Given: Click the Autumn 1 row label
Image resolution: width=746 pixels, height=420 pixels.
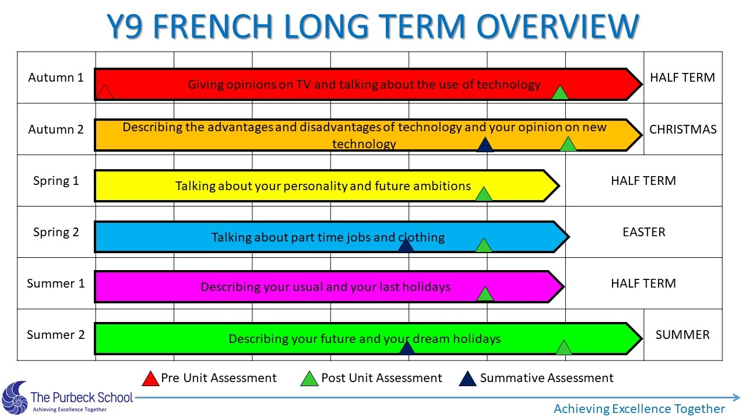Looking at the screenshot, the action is [x=55, y=78].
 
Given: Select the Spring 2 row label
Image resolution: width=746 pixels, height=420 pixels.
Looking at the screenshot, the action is [x=56, y=232].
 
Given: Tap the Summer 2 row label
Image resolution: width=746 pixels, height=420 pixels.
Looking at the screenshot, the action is [x=55, y=335].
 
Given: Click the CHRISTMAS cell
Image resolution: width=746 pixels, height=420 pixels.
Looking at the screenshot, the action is [x=682, y=129].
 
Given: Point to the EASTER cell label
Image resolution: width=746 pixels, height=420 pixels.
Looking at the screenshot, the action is [x=644, y=232].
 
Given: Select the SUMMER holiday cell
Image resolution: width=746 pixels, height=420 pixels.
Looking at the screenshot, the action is [x=682, y=335].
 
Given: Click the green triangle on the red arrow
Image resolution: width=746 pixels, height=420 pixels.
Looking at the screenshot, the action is [x=560, y=93].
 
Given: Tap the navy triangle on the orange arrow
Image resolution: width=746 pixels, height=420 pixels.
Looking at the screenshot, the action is [x=485, y=145].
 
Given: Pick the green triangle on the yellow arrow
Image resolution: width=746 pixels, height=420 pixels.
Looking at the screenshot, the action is [x=484, y=194].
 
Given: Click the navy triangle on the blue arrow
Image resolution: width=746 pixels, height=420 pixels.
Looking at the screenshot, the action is [x=406, y=245].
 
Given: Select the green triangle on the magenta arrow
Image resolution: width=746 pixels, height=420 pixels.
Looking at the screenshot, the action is [x=485, y=294].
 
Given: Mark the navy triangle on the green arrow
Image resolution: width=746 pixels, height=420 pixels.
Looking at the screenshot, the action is [x=407, y=347].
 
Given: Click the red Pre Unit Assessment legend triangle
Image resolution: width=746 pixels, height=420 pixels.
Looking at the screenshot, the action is [x=150, y=379].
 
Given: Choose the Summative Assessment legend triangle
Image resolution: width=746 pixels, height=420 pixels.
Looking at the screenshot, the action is [x=467, y=379].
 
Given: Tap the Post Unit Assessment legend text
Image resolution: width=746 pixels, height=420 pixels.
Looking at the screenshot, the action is [x=381, y=378].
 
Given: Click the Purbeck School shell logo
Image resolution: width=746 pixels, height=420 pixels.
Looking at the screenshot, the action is [x=15, y=398].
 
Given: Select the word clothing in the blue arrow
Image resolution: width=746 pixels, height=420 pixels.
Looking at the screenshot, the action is [x=421, y=237].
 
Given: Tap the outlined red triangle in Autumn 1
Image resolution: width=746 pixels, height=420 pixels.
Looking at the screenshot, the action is [x=104, y=92].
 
